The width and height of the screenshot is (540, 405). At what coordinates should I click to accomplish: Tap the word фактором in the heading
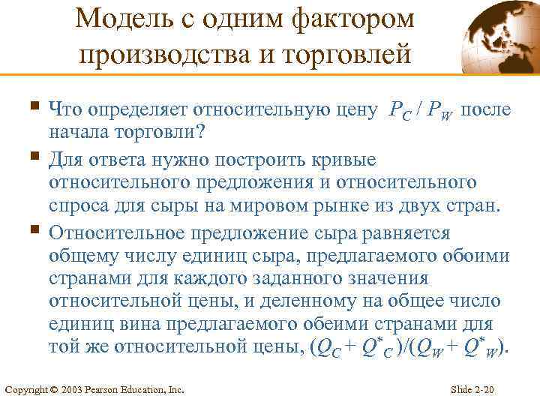351,20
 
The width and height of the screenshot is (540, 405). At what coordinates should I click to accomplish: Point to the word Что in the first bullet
65,110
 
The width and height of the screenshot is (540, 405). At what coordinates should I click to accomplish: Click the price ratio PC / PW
421,111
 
